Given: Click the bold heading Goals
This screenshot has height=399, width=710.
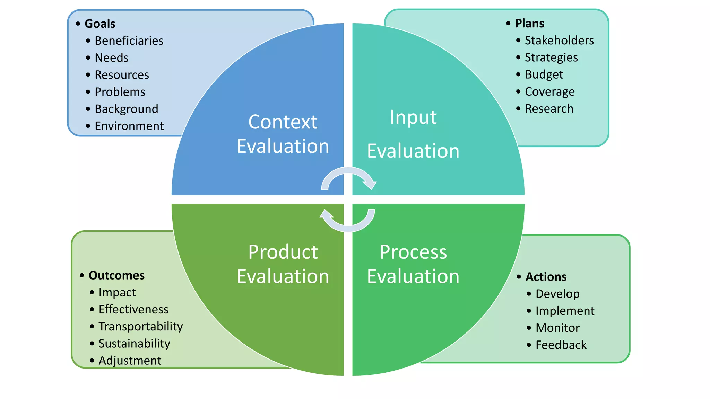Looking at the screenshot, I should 100,24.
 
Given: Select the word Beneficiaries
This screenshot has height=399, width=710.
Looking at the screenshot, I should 129,41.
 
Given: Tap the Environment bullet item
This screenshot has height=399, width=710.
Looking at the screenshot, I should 129,126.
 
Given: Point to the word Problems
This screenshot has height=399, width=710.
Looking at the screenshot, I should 120,92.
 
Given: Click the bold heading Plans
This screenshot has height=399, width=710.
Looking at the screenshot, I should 529,23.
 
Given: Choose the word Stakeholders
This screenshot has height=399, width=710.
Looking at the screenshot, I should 559,41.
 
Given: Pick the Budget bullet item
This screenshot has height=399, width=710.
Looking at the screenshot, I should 544,74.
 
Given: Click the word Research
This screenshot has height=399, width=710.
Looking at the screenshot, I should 549,109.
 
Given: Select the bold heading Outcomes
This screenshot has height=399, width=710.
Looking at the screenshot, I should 116,275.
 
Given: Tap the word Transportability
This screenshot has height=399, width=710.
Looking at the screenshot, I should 140,326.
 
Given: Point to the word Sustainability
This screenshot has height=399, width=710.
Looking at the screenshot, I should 135,344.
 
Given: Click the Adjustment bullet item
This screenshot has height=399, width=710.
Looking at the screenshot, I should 130,361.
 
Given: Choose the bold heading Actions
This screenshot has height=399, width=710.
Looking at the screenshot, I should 546,277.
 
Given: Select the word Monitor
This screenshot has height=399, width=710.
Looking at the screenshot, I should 557,328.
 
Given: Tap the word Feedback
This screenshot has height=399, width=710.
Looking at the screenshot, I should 561,345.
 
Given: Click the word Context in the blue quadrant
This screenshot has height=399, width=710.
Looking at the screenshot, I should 283,122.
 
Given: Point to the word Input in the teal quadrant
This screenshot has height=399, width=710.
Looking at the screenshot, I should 413,117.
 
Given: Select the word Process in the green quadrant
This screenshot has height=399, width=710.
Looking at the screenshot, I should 413,252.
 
